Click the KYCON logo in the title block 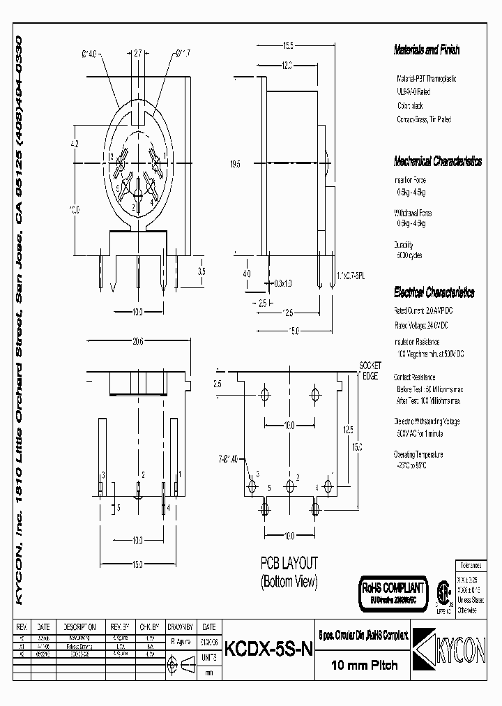(x=446, y=648)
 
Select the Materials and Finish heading (x=427, y=50)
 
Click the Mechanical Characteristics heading (x=437, y=161)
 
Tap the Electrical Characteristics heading (x=434, y=292)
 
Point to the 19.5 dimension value (x=236, y=165)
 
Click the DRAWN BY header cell (x=181, y=627)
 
